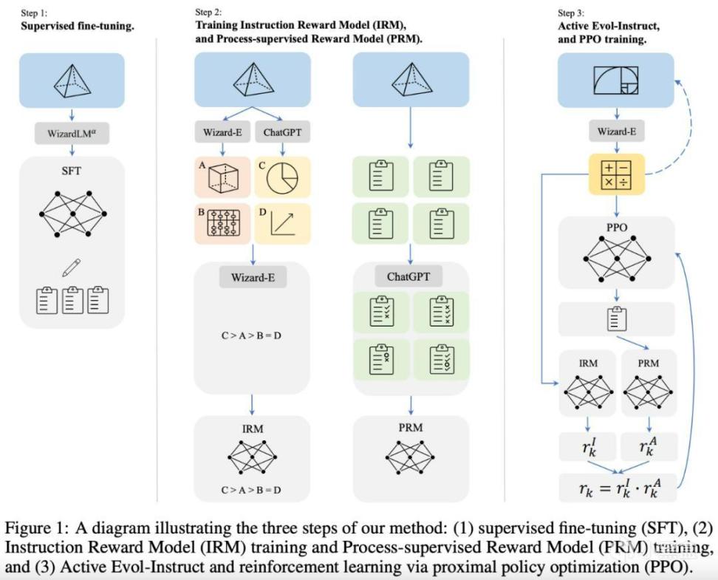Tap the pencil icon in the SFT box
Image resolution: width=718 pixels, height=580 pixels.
click(72, 267)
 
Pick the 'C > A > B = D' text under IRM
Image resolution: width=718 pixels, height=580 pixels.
click(253, 490)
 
